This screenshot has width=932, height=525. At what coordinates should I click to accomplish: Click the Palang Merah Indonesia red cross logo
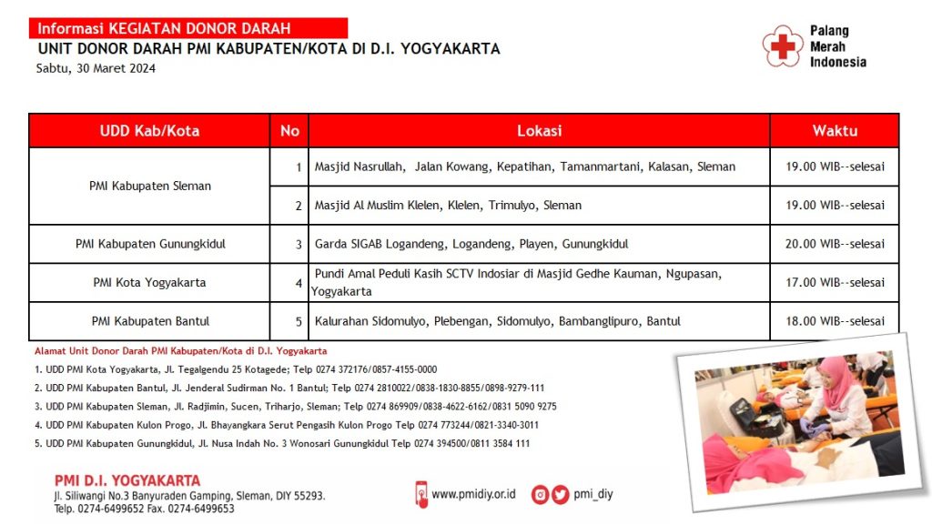click(x=781, y=46)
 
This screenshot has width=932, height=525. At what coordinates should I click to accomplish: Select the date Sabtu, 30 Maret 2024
click(x=96, y=68)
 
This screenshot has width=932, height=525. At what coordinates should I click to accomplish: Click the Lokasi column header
click(x=540, y=130)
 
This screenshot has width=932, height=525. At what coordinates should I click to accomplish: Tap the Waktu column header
click(x=835, y=130)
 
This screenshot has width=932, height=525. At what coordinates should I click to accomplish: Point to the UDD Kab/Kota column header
click(x=149, y=130)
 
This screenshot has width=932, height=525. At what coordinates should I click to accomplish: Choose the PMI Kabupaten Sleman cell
click(x=149, y=186)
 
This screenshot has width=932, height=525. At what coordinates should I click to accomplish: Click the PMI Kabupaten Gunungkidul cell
click(x=149, y=244)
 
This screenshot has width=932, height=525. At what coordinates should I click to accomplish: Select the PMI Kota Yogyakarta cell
click(x=149, y=282)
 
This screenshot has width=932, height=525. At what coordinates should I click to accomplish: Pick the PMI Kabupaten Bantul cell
click(x=149, y=321)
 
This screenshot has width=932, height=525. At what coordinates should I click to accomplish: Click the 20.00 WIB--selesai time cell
click(x=835, y=244)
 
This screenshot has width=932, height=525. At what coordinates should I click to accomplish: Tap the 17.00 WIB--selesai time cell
click(x=835, y=282)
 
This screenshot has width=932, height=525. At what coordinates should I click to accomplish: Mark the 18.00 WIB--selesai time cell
click(x=835, y=321)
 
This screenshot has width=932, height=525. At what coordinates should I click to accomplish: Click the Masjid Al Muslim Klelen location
click(x=448, y=206)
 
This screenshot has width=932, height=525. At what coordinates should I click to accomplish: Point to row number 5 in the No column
click(x=299, y=321)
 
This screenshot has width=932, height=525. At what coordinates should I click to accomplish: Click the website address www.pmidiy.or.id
click(x=473, y=494)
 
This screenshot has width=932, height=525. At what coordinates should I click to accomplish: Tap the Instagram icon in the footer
click(x=540, y=494)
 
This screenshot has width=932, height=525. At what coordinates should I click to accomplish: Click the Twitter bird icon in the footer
click(x=560, y=494)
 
